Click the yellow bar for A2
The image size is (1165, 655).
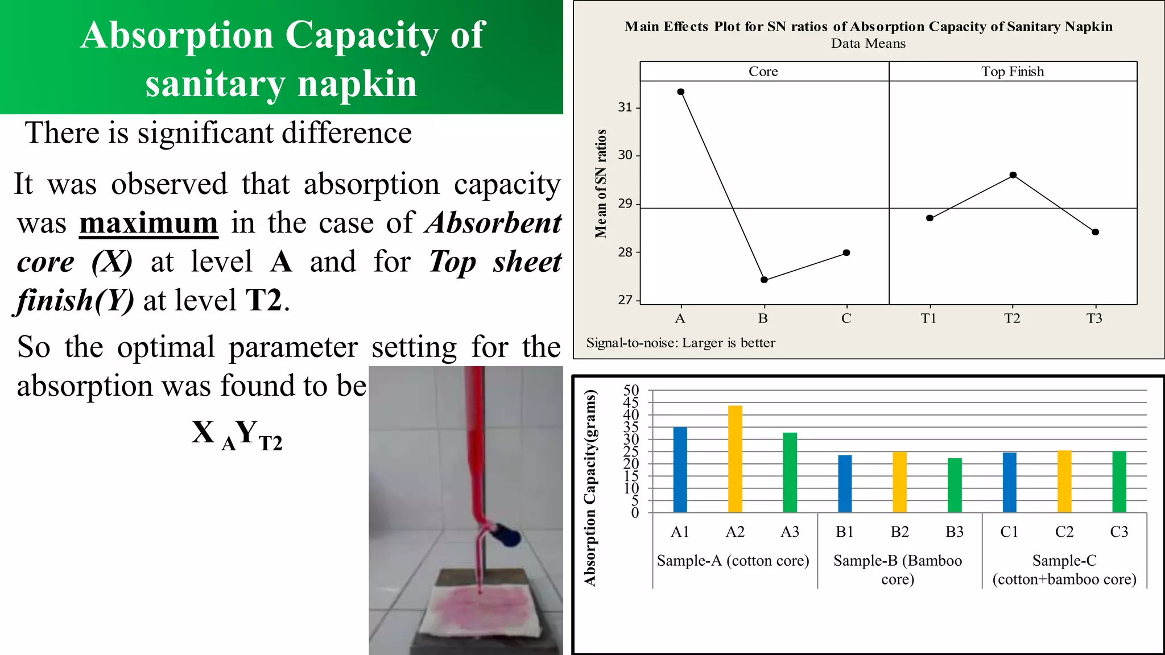[735, 459]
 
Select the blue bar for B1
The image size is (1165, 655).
[845, 484]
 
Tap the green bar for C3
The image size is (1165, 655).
[1119, 482]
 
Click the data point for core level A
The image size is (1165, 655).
[681, 92]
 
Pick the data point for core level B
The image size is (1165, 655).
[764, 280]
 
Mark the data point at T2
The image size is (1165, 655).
[1013, 175]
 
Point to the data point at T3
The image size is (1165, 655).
[1096, 232]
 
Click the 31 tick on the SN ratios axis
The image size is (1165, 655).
[625, 107]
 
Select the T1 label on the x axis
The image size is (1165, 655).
[928, 318]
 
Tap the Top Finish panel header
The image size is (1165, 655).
[1013, 72]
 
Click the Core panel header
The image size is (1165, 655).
[763, 72]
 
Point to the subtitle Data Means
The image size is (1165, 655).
[868, 44]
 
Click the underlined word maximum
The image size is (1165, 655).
[148, 223]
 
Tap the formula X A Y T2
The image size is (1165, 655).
[237, 434]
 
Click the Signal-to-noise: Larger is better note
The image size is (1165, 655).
[680, 343]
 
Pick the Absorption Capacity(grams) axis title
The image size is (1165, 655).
[590, 487]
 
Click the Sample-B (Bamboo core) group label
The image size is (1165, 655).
[898, 570]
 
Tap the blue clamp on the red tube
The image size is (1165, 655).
[506, 534]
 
